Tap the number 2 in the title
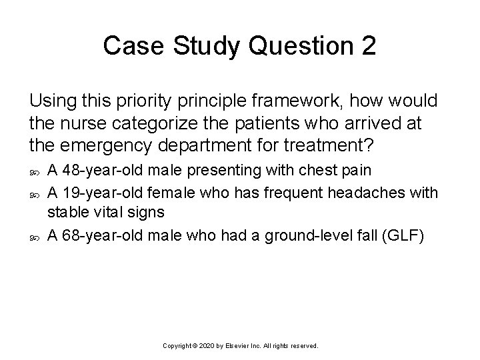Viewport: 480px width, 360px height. [x=367, y=46]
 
